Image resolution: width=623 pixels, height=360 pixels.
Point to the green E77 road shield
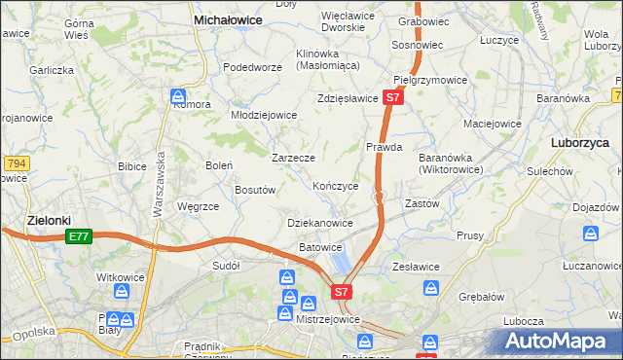pyautogui.click(x=80, y=236)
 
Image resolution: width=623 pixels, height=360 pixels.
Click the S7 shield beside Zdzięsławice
pyautogui.click(x=392, y=98)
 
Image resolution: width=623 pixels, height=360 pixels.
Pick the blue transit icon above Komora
pyautogui.click(x=178, y=96)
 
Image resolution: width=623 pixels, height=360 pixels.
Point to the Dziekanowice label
pyautogui.click(x=320, y=223)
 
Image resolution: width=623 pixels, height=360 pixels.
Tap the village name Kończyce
pyautogui.click(x=336, y=185)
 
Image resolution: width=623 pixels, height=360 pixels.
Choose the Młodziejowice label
pyautogui.click(x=263, y=114)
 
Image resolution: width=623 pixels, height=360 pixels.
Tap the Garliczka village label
pyautogui.click(x=52, y=70)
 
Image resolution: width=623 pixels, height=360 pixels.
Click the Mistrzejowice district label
pyautogui.click(x=327, y=319)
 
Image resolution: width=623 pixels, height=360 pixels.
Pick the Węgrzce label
pyautogui.click(x=198, y=206)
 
